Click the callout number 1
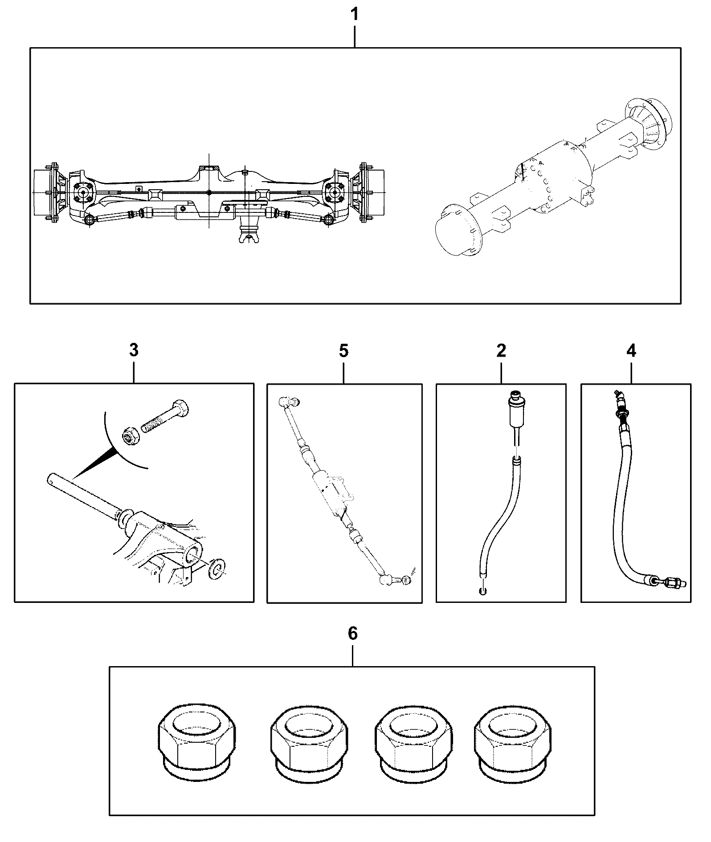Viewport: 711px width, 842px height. [x=354, y=15]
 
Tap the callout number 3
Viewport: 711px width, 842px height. [x=134, y=350]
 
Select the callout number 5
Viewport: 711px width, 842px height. [x=343, y=350]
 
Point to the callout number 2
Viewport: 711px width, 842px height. [x=501, y=350]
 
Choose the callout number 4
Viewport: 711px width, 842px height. [x=631, y=350]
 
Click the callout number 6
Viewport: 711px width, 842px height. [x=352, y=634]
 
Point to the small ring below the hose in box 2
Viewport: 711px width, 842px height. [x=482, y=591]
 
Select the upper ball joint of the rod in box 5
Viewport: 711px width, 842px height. [x=288, y=402]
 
